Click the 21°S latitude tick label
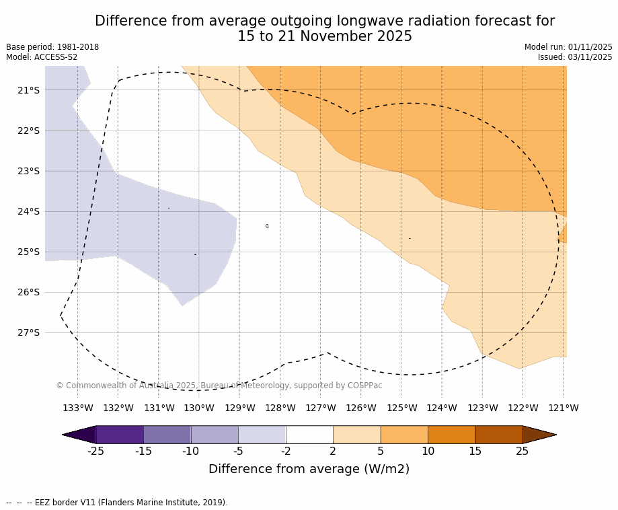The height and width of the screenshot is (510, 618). tap(29, 90)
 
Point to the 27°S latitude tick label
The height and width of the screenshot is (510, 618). tap(29, 332)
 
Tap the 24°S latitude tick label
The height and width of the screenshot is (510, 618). tap(29, 211)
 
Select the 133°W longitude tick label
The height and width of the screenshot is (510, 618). tap(78, 408)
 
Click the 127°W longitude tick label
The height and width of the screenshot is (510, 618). tap(321, 408)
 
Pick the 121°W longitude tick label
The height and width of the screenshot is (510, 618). tap(564, 408)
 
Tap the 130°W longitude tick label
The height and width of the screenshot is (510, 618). tap(199, 408)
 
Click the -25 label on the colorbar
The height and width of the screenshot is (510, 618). tap(96, 451)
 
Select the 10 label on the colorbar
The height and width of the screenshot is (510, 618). tap(428, 451)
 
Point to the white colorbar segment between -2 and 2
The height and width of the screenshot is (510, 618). tap(309, 435)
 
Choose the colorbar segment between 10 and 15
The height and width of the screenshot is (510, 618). tap(451, 435)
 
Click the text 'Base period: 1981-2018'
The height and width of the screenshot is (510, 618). tap(52, 47)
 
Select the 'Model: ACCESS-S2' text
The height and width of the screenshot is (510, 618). tap(42, 57)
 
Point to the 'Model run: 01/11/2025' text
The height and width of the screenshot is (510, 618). tap(568, 47)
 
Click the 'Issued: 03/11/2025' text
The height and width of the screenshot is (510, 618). tap(575, 57)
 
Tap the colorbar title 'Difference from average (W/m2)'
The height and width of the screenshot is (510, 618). tap(309, 469)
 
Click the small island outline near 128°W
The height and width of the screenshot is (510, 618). tap(267, 226)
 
